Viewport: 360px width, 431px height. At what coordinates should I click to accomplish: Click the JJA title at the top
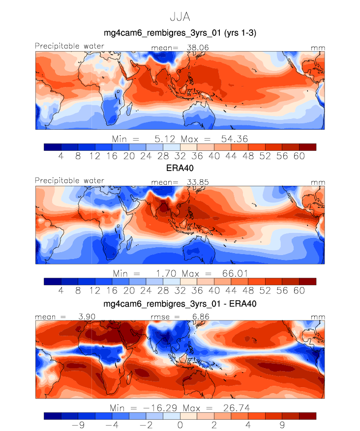click(x=180, y=16)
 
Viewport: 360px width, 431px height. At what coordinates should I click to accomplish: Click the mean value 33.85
click(x=195, y=181)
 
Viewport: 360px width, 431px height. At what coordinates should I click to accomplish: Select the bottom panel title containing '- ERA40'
click(x=180, y=305)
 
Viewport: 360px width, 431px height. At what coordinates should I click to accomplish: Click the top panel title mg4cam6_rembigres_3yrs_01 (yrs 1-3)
click(x=180, y=33)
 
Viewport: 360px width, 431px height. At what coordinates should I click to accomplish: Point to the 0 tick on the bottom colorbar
click(x=180, y=426)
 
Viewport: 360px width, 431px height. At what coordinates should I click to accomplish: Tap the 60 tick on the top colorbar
click(x=299, y=156)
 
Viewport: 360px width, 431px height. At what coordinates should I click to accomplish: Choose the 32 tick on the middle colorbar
click(x=180, y=290)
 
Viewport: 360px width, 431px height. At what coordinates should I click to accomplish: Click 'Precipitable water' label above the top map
click(x=69, y=46)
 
